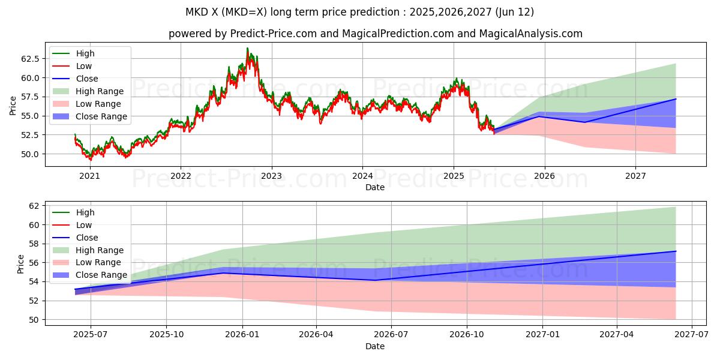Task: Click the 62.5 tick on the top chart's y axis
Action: tap(30, 59)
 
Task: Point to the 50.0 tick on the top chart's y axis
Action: tap(30, 154)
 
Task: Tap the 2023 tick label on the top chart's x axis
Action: tap(271, 176)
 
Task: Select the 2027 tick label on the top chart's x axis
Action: tap(635, 176)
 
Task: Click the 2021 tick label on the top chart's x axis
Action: tap(89, 176)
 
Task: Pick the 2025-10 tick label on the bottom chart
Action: tap(166, 335)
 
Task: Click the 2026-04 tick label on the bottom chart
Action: tap(316, 335)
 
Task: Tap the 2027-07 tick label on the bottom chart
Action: tap(692, 335)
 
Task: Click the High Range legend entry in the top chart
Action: tap(100, 91)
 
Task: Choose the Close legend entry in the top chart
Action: tap(87, 79)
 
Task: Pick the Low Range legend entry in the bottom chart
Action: tap(98, 263)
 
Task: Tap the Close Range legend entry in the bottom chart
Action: tap(101, 275)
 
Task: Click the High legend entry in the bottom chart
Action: tap(85, 212)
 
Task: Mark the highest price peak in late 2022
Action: tap(247, 49)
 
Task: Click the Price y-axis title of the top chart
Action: tap(13, 106)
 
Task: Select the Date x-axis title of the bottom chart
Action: tap(375, 346)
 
